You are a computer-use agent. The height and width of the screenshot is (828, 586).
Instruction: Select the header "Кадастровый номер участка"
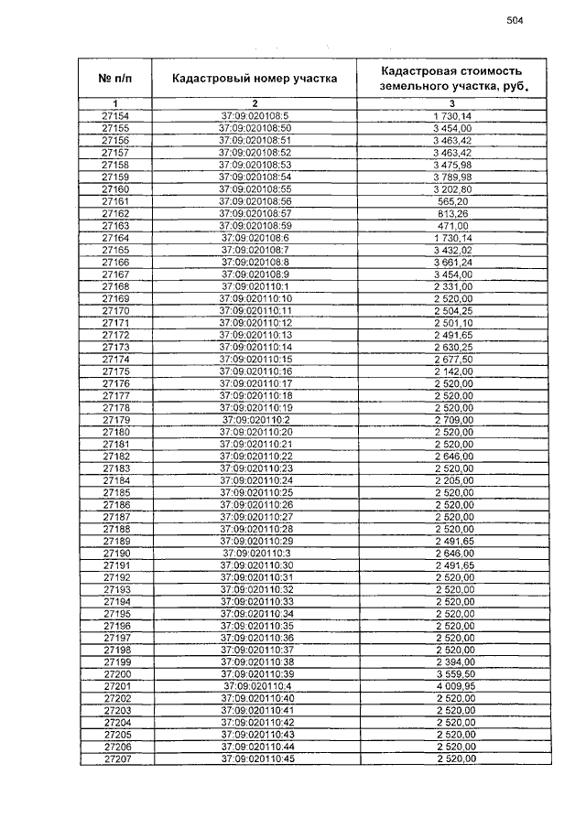coord(255,78)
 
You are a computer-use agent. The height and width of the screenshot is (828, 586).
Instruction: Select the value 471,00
coord(453,225)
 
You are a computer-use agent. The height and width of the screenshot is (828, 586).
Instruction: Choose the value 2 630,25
coord(453,348)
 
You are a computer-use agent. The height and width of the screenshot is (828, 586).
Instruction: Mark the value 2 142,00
coord(453,371)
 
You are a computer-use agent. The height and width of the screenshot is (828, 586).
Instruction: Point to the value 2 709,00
coord(453,420)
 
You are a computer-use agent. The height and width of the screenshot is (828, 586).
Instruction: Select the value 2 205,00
coord(453,480)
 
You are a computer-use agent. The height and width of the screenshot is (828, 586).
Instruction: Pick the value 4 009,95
coord(453,686)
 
